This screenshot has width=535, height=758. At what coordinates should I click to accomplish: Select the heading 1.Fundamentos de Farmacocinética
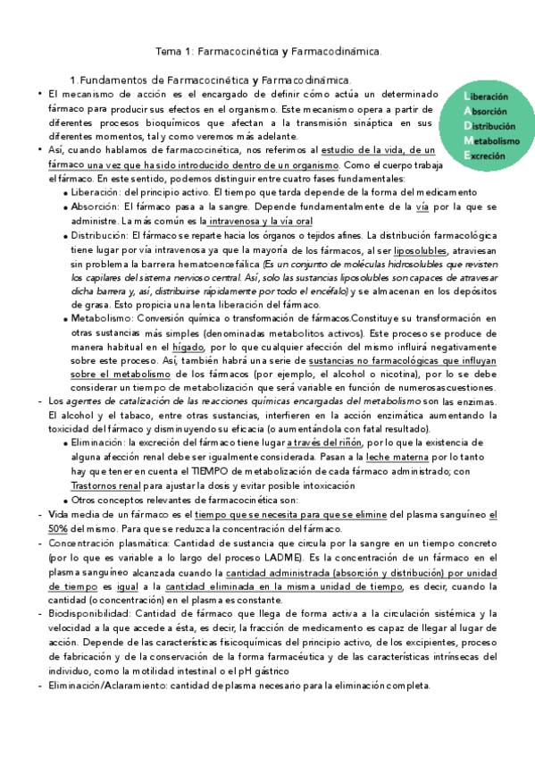pos(211,80)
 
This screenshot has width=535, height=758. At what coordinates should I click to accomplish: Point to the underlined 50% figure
pos(58,528)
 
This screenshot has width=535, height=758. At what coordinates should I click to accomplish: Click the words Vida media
pos(72,514)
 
